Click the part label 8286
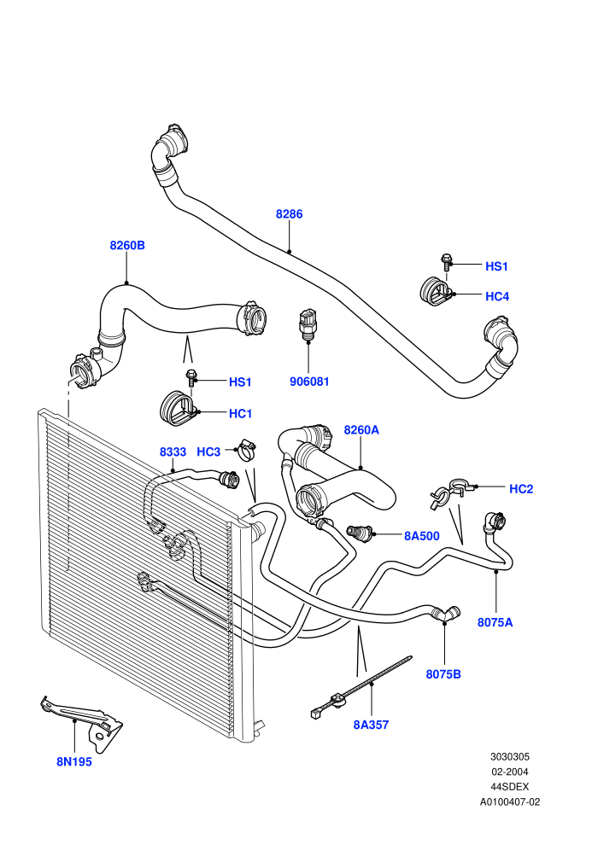[289, 214]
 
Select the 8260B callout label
[127, 245]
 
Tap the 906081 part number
[309, 382]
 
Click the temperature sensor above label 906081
[307, 324]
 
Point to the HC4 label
[497, 296]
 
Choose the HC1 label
[241, 413]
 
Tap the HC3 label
[208, 452]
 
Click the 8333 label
[173, 452]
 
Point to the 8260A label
[361, 429]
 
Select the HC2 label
[521, 489]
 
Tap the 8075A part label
[495, 622]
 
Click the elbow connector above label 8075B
[447, 614]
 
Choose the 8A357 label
[371, 725]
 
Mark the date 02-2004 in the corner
[509, 772]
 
